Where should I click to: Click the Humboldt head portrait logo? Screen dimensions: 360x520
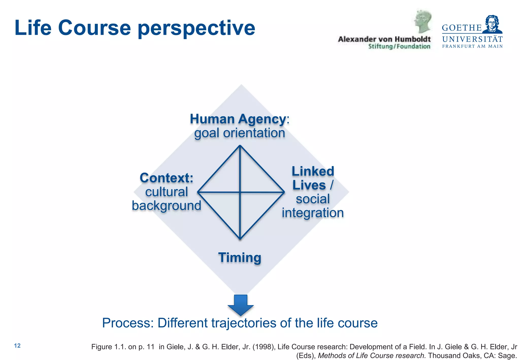(422, 22)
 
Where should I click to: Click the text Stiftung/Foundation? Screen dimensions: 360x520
(399, 46)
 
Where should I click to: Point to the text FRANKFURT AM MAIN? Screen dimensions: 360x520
(472, 46)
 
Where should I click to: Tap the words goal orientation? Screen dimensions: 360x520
(239, 133)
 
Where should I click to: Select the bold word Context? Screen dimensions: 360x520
(166, 178)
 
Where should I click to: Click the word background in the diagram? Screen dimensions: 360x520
(166, 206)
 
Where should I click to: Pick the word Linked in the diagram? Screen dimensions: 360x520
(313, 171)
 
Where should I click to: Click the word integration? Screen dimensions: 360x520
(313, 213)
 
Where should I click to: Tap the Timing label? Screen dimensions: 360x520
(240, 257)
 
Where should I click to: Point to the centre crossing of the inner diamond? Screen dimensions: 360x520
(240, 192)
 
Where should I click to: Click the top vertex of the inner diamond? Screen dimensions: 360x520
(240, 146)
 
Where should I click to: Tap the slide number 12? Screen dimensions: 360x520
(17, 346)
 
